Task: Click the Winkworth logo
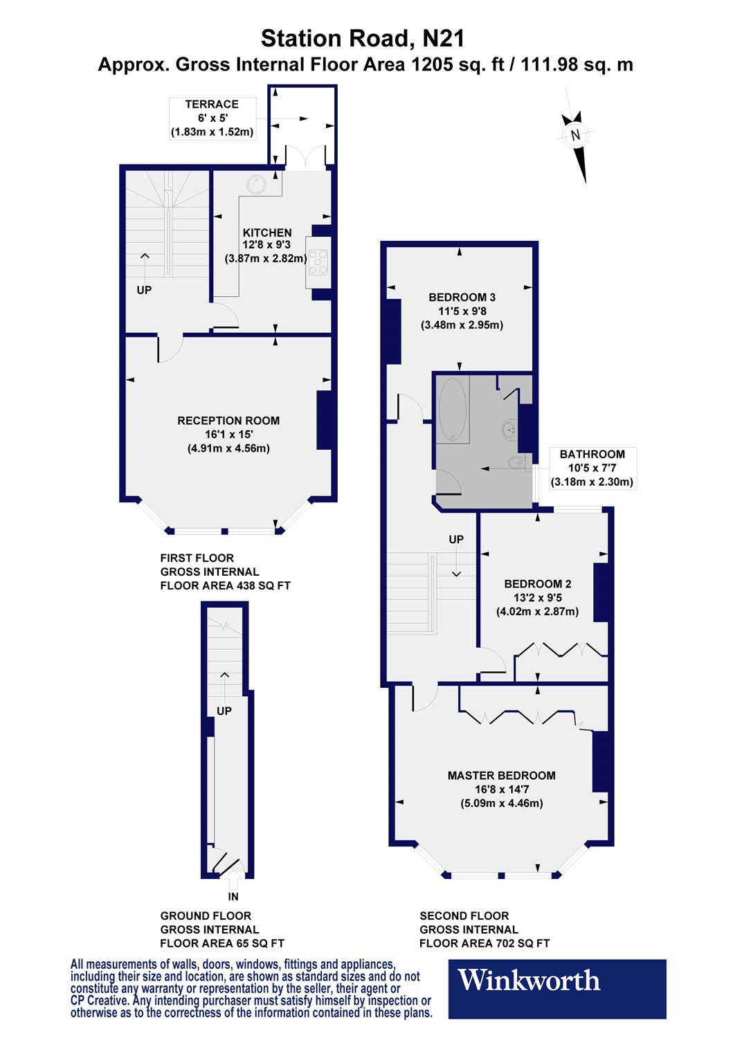[557, 988]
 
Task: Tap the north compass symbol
[575, 136]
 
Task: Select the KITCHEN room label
[267, 233]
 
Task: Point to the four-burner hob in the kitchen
[318, 262]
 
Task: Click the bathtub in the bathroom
[453, 409]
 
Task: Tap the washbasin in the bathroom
[510, 429]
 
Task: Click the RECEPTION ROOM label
[228, 421]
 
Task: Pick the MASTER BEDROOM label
[501, 776]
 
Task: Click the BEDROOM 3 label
[462, 298]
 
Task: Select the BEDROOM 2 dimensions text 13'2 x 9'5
[537, 598]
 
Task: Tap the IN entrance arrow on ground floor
[233, 883]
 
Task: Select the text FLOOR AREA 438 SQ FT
[225, 585]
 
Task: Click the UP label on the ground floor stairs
[224, 711]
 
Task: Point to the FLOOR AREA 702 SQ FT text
[485, 943]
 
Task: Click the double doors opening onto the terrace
[305, 159]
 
